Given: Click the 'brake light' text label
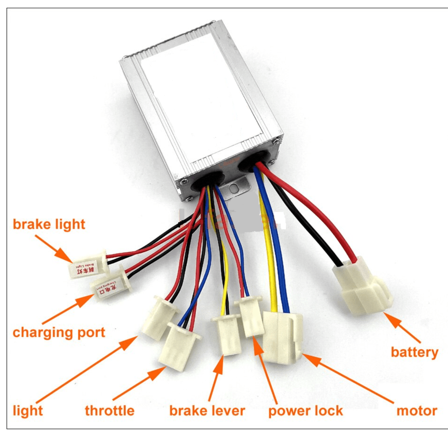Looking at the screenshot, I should pos(49,224).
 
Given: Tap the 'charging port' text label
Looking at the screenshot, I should pos(59,332).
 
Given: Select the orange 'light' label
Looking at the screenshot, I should pos(28,410).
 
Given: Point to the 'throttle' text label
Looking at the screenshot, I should pos(109,410).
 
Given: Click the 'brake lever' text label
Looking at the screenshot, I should pos(207,410).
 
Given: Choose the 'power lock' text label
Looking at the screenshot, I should pos(305,410).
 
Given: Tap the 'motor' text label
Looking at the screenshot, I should pos(417,410).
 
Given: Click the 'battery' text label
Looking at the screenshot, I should pos(414,352).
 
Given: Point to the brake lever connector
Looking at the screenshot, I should pos(226,334).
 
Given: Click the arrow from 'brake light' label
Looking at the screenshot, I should pos(53,248).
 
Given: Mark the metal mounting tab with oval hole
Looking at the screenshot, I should pos(236,188).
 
